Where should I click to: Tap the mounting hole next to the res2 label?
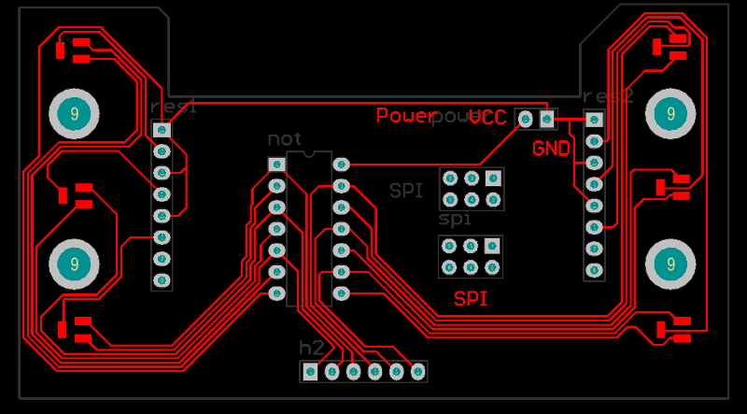pyautogui.click(x=669, y=113)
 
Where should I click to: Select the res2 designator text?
pyautogui.click(x=608, y=97)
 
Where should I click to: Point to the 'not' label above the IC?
pyautogui.click(x=284, y=139)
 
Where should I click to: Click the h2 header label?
pyautogui.click(x=311, y=348)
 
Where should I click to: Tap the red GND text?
pyautogui.click(x=551, y=149)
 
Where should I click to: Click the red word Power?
pyautogui.click(x=404, y=116)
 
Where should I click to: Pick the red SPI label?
pyautogui.click(x=472, y=300)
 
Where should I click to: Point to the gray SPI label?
pyautogui.click(x=406, y=192)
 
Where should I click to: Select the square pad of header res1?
pyautogui.click(x=162, y=129)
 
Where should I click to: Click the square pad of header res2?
pyautogui.click(x=593, y=119)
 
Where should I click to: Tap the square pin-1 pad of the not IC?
pyautogui.click(x=275, y=164)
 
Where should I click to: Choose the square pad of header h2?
pyautogui.click(x=310, y=372)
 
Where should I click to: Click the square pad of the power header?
pyautogui.click(x=546, y=119)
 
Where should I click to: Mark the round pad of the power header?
pyautogui.click(x=525, y=119)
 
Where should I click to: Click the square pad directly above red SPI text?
pyautogui.click(x=492, y=247)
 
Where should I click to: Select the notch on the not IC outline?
pyautogui.click(x=308, y=152)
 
